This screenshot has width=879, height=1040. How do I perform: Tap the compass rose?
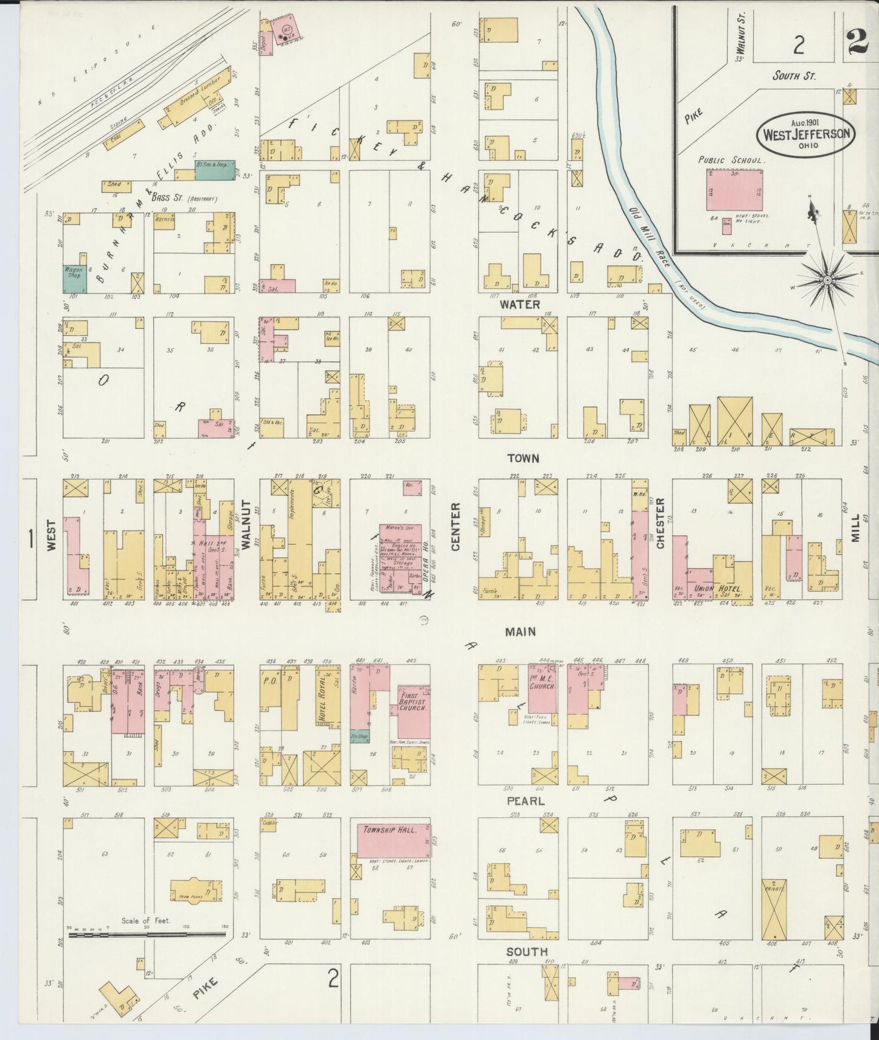click(827, 280)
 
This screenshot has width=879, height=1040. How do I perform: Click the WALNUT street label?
click(246, 525)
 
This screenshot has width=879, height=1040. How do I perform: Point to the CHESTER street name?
click(660, 524)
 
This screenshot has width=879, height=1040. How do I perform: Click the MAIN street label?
click(520, 632)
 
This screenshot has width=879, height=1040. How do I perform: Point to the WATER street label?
click(519, 303)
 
